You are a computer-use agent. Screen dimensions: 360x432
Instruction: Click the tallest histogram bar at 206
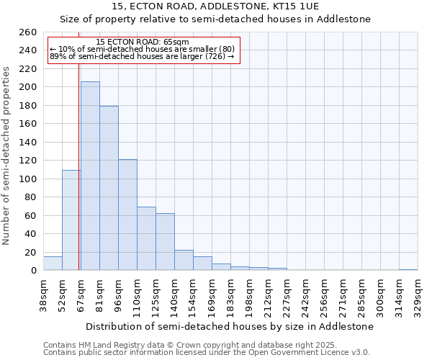[x=90, y=176]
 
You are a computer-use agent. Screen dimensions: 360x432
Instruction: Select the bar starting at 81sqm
[x=109, y=188]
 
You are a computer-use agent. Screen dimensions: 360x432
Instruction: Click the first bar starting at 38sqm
[x=53, y=264]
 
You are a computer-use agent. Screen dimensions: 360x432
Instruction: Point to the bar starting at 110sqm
[x=146, y=238]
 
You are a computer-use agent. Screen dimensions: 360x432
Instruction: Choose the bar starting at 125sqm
[x=165, y=242]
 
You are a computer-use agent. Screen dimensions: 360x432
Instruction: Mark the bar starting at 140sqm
[x=184, y=260]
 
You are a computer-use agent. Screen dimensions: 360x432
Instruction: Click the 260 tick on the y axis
[x=28, y=32]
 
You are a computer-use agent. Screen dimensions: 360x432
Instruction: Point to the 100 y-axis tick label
[x=28, y=179]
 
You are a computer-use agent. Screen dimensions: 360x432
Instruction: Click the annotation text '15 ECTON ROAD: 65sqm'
[x=142, y=42]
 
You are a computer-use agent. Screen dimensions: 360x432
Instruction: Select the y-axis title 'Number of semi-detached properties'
[x=7, y=156]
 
